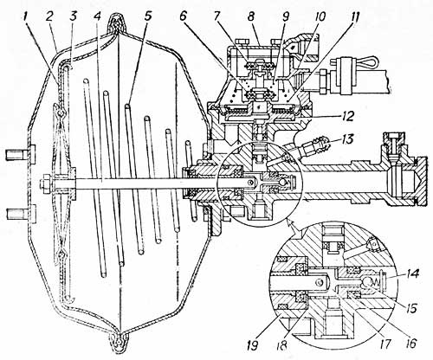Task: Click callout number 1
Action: (27, 16)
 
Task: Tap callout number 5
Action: (147, 16)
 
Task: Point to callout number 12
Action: (349, 116)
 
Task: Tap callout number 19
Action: (252, 346)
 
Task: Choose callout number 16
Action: (410, 344)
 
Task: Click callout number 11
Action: (352, 16)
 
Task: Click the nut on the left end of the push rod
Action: (46, 183)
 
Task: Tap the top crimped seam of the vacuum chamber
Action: (117, 22)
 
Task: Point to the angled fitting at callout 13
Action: (314, 146)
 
